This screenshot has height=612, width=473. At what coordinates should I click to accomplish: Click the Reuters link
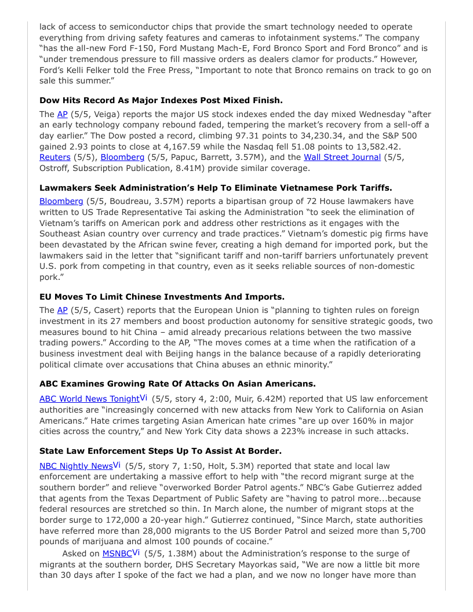(54, 158)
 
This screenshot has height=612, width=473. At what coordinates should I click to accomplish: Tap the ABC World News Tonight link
(89, 399)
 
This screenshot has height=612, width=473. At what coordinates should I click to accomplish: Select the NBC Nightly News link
(76, 466)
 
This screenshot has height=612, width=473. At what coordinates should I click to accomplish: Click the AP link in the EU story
(62, 310)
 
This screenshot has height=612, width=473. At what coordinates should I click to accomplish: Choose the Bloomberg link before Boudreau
(61, 201)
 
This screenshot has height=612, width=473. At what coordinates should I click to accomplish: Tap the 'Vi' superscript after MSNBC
(137, 552)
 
